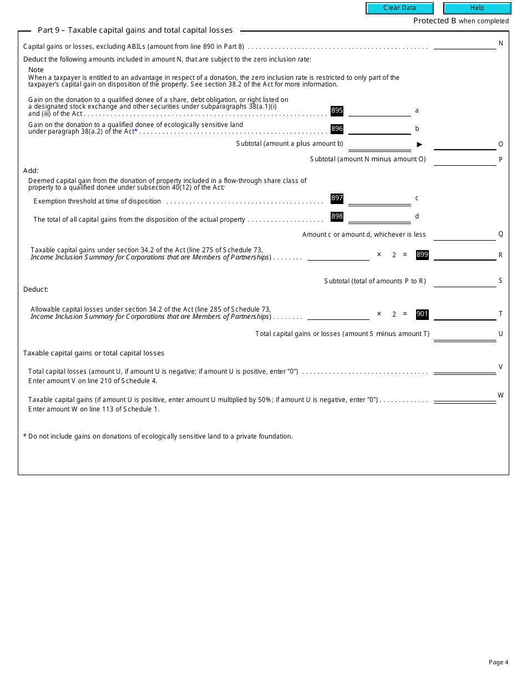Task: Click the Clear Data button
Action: tap(399, 8)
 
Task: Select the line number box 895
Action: tap(337, 110)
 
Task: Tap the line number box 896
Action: tap(337, 129)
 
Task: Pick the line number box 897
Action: tap(337, 198)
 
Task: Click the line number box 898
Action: tap(337, 216)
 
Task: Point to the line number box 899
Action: tap(422, 255)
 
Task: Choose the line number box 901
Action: tap(422, 314)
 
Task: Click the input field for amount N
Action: tap(465, 44)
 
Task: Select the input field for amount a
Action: tap(379, 111)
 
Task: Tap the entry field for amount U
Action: tap(465, 334)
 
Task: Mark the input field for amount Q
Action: tap(465, 235)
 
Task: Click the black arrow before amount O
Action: tap(419, 144)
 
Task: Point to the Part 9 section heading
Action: tap(135, 30)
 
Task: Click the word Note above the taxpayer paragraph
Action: tap(36, 70)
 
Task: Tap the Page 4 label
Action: tap(498, 662)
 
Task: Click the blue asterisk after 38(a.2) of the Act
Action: tap(136, 131)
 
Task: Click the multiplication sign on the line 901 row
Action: tap(379, 314)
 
